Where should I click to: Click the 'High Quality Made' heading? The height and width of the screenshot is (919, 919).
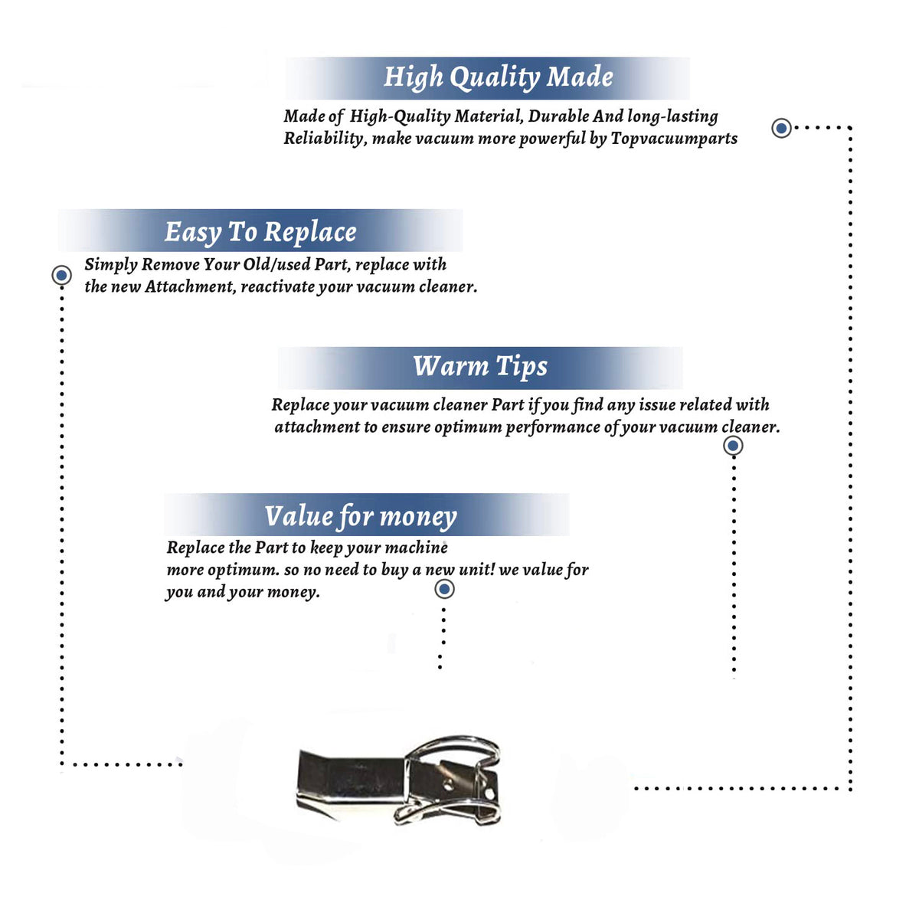point(498,78)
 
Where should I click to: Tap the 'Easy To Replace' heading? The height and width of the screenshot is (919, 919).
point(260,233)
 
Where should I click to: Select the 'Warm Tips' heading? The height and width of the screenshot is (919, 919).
point(479,368)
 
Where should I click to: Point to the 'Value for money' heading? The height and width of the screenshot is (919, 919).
point(361,517)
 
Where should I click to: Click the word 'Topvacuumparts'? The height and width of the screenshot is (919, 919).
point(674,139)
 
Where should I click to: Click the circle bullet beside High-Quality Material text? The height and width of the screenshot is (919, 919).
point(781,128)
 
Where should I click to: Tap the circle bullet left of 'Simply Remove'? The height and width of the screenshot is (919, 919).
point(61,275)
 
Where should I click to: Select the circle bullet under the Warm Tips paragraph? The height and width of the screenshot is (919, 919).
point(733,446)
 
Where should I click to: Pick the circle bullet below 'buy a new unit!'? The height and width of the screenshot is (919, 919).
point(444,589)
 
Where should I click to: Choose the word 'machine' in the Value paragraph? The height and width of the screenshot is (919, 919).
point(416,548)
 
